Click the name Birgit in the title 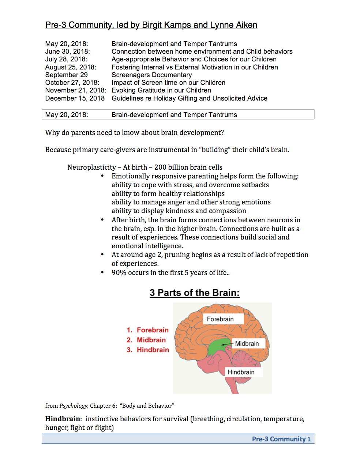click(x=152, y=25)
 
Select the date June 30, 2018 click(x=67, y=52)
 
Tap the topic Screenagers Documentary click(x=151, y=75)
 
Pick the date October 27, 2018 click(x=72, y=83)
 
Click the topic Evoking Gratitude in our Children click(x=161, y=90)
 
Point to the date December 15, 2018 click(x=75, y=98)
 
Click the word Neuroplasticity click(x=91, y=167)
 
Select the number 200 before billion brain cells click(x=160, y=167)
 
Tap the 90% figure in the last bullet click(x=119, y=272)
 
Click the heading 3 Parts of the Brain click(x=194, y=293)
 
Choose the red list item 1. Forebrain click(x=148, y=330)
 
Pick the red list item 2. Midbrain click(x=146, y=340)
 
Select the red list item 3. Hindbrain click(x=148, y=350)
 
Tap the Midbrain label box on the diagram click(x=247, y=343)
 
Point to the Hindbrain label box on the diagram click(x=241, y=372)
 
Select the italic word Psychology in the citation click(x=74, y=406)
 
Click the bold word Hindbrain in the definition click(x=63, y=419)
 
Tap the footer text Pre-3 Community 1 click(x=281, y=439)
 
